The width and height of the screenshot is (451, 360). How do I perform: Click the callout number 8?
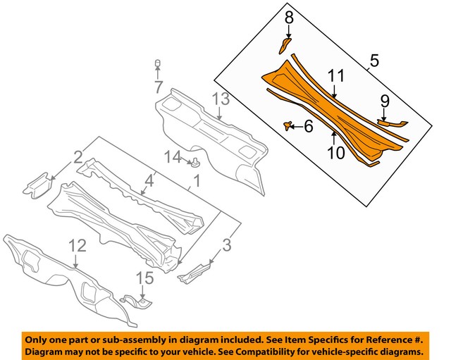click(x=288, y=16)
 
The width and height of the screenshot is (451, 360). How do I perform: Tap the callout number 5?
click(x=374, y=61)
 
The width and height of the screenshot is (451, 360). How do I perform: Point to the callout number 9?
click(x=385, y=101)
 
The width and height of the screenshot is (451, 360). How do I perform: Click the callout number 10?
click(x=335, y=152)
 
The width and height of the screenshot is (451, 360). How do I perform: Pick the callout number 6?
click(x=308, y=126)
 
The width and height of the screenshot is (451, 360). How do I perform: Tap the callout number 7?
click(x=159, y=88)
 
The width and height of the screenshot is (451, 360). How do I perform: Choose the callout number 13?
click(x=221, y=99)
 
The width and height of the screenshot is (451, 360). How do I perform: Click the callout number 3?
click(x=226, y=245)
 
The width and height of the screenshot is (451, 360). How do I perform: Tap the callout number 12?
click(x=77, y=245)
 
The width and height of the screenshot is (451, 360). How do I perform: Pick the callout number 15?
click(x=144, y=279)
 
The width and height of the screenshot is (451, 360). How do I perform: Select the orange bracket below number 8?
click(x=282, y=46)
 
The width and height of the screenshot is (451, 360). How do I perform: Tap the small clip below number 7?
click(x=159, y=66)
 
